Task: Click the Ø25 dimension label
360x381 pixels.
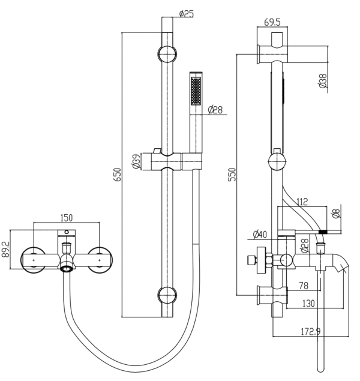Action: [x=186, y=13]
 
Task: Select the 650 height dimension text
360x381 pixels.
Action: [x=118, y=173]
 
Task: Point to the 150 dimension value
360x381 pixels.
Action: [x=67, y=218]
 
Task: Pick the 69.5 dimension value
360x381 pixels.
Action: [x=274, y=23]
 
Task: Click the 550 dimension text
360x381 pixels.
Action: [x=233, y=174]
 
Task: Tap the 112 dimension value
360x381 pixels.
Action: [x=302, y=202]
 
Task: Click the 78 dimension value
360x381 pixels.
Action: [x=304, y=285]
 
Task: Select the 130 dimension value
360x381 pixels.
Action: [x=309, y=304]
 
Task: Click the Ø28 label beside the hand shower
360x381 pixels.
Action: [x=215, y=109]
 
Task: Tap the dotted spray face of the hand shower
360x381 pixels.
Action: [x=194, y=93]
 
